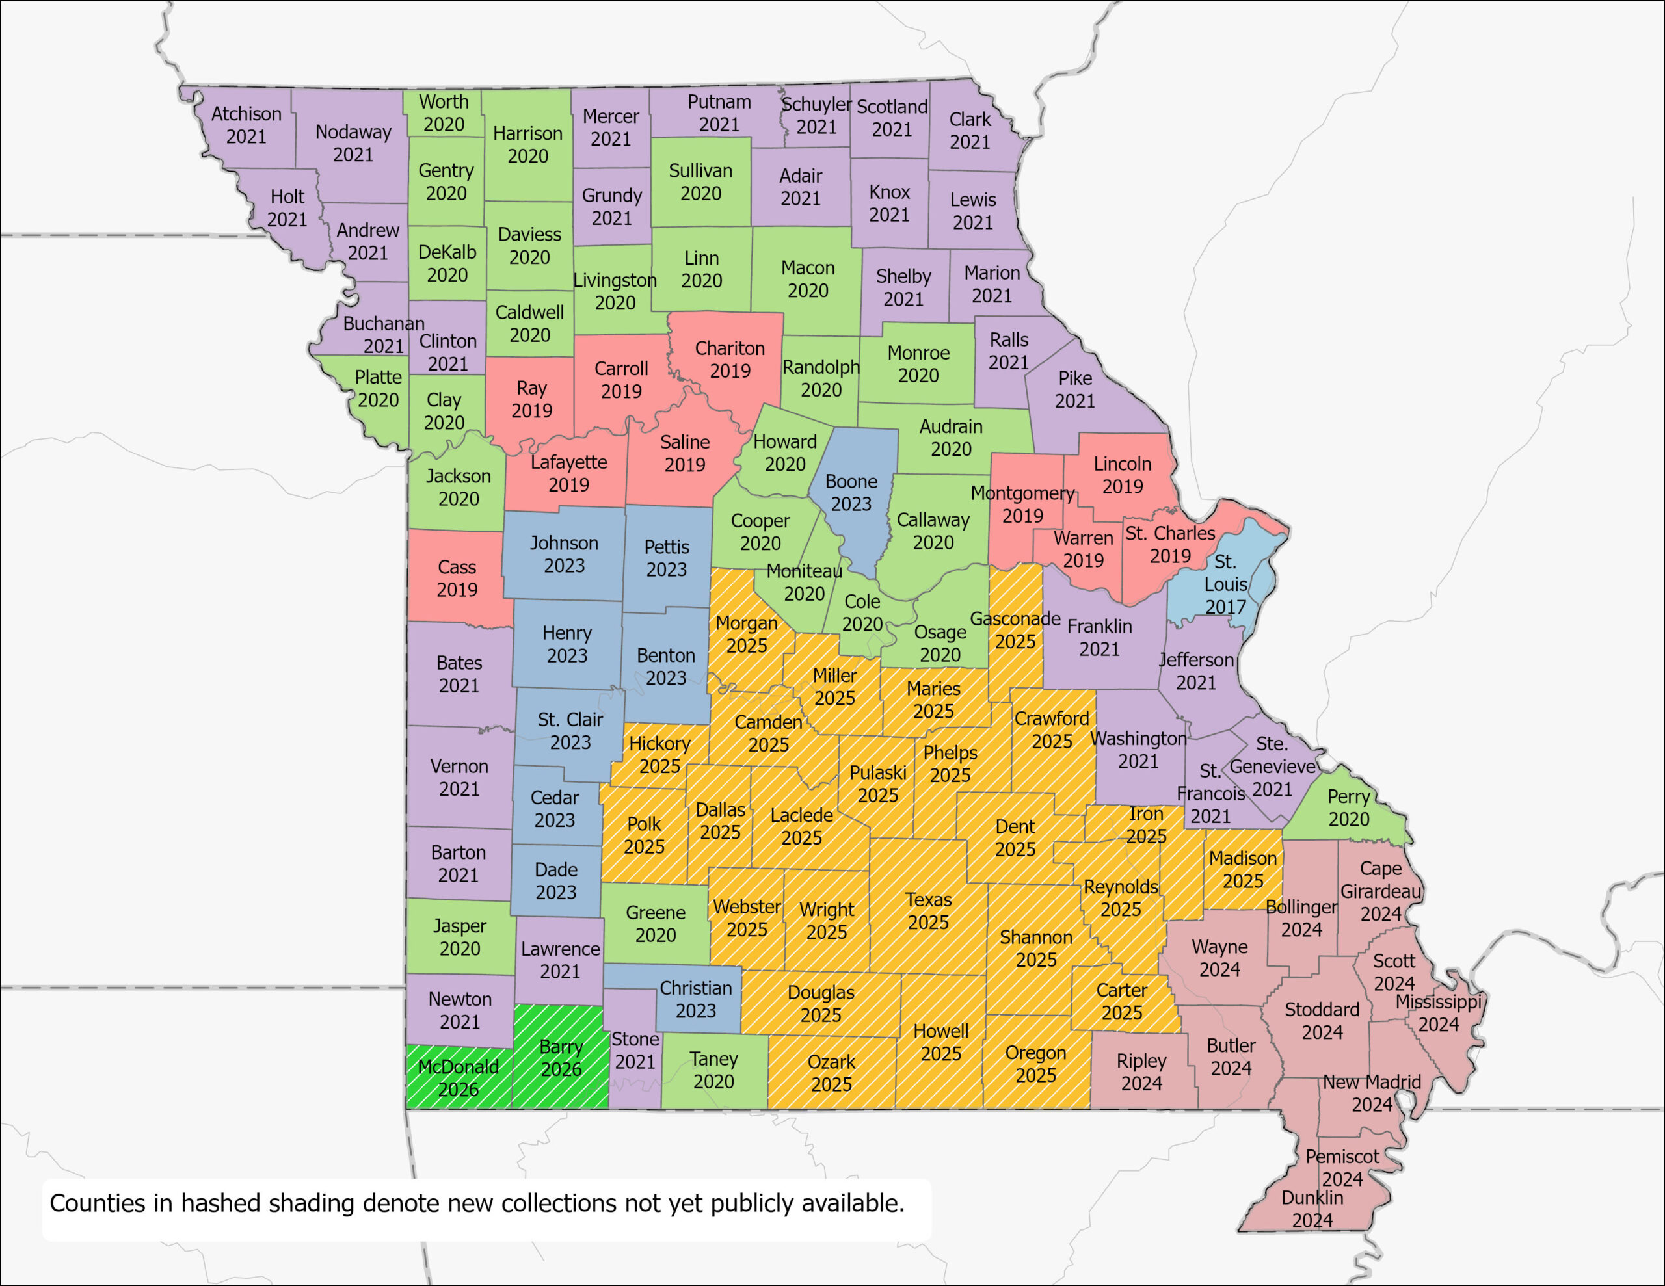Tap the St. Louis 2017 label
[1225, 584]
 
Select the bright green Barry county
[561, 1057]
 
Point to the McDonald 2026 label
[458, 1077]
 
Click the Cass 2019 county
[457, 578]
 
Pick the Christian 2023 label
[695, 999]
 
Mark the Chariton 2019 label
[730, 359]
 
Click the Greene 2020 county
[656, 923]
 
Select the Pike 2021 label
[1075, 389]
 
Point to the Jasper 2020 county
[460, 937]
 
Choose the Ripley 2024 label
[1141, 1072]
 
